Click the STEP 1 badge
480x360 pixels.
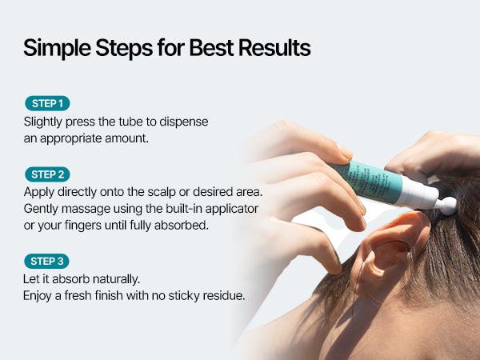click(47, 103)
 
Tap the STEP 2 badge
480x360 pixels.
click(47, 174)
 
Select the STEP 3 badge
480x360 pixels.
click(47, 261)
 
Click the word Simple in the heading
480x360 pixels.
click(58, 48)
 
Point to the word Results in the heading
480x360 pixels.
click(274, 48)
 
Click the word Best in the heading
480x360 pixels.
click(211, 48)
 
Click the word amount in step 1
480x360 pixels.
click(126, 138)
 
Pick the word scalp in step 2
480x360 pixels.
click(162, 192)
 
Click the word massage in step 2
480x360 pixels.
click(86, 210)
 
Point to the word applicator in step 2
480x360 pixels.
click(232, 209)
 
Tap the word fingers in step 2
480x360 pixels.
click(83, 226)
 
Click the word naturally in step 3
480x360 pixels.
click(116, 279)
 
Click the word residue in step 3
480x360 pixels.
click(224, 296)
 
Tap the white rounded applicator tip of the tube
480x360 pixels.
click(447, 206)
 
